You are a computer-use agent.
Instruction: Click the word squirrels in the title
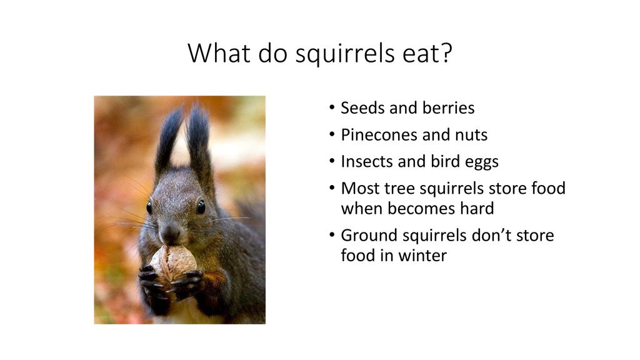click(345, 54)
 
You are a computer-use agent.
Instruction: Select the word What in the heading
click(219, 52)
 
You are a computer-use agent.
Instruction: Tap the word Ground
click(369, 236)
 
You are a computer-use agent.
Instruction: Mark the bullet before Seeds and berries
click(332, 107)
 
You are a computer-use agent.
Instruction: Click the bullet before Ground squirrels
click(332, 235)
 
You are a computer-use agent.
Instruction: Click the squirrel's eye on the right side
click(201, 207)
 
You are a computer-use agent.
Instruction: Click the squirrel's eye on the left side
click(149, 207)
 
